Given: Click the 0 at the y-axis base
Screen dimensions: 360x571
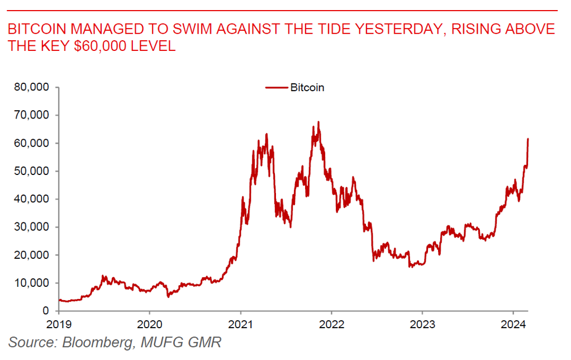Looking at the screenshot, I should coord(47,311).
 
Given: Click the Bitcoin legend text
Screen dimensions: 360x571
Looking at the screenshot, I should coord(307,87).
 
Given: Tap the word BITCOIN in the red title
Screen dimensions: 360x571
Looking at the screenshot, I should coord(34,29).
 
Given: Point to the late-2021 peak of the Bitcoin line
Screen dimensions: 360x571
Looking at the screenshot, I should coord(318,122).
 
